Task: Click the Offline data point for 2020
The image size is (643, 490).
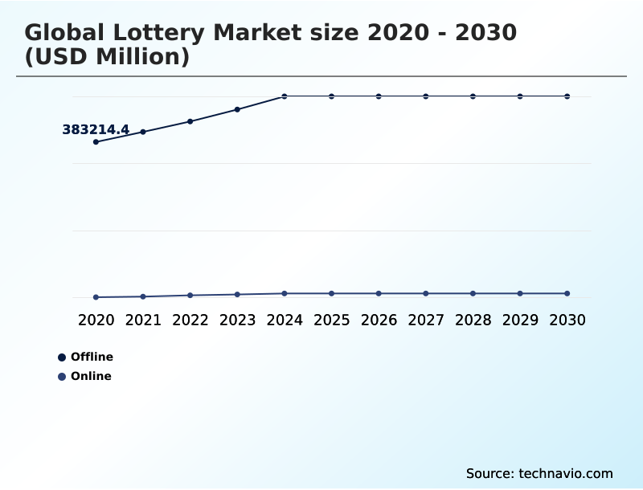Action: click(96, 142)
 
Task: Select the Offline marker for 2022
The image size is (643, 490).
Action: click(190, 121)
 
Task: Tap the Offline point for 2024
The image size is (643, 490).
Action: click(285, 96)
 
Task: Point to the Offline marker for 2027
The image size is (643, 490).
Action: click(426, 96)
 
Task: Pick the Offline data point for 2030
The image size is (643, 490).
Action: click(567, 96)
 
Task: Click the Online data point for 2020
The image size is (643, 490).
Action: click(96, 297)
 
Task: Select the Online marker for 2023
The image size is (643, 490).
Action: click(237, 295)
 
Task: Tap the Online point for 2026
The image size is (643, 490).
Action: click(379, 293)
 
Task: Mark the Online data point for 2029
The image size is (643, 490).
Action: click(520, 293)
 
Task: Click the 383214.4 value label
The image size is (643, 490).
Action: click(96, 129)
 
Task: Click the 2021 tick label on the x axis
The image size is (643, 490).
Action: click(143, 321)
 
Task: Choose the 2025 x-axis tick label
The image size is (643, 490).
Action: click(331, 321)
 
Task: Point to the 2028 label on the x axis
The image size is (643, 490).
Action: click(473, 321)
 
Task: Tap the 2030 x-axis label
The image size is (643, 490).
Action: click(567, 321)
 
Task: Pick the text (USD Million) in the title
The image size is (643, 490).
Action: click(107, 58)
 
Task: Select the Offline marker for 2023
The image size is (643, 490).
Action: click(237, 109)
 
